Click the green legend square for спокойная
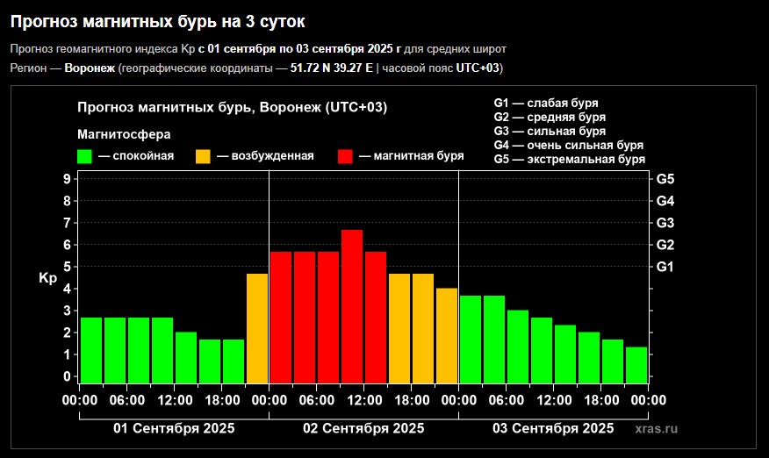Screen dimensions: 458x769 (85, 156)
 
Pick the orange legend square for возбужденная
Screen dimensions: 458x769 (203, 156)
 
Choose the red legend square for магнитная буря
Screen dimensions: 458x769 (345, 156)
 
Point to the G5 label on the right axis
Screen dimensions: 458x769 (665, 179)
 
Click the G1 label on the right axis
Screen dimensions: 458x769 (665, 267)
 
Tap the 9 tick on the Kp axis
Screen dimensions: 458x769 (67, 179)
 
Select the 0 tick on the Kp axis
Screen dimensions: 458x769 (67, 376)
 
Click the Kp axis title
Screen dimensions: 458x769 (47, 278)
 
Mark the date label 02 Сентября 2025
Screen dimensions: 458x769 (363, 428)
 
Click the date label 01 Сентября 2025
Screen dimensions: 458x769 (174, 428)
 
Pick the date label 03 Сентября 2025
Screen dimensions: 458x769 (553, 428)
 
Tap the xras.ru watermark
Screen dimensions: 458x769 (657, 428)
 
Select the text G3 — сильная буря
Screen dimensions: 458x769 (550, 131)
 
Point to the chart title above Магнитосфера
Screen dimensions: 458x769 (232, 107)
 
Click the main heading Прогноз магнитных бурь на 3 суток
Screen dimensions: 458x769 (164, 19)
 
